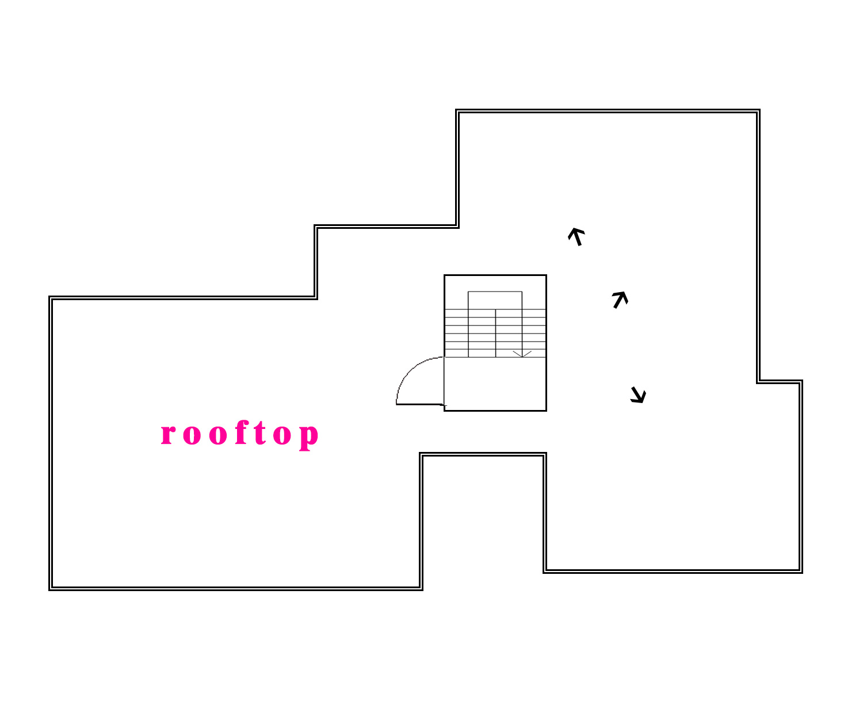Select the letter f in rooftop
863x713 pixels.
click(240, 433)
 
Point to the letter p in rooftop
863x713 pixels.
click(308, 436)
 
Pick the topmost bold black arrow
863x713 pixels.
click(576, 236)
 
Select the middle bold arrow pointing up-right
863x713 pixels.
click(620, 299)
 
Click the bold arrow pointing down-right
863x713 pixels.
click(638, 395)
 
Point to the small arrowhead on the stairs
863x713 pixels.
click(522, 354)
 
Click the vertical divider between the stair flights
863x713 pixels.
click(495, 333)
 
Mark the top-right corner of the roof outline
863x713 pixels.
click(758, 111)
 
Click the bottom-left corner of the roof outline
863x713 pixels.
click(51, 588)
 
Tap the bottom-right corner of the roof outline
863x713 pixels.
click(801, 572)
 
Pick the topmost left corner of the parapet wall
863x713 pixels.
click(457, 111)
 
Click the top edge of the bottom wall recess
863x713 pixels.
click(483, 454)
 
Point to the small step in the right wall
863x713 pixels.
click(780, 381)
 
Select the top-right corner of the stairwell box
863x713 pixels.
click(545, 275)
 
